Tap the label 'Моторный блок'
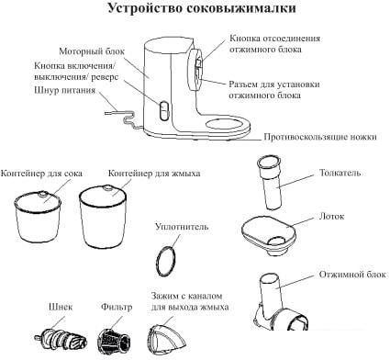click(x=89, y=51)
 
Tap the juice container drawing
click(x=40, y=219)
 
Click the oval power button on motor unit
click(x=162, y=112)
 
